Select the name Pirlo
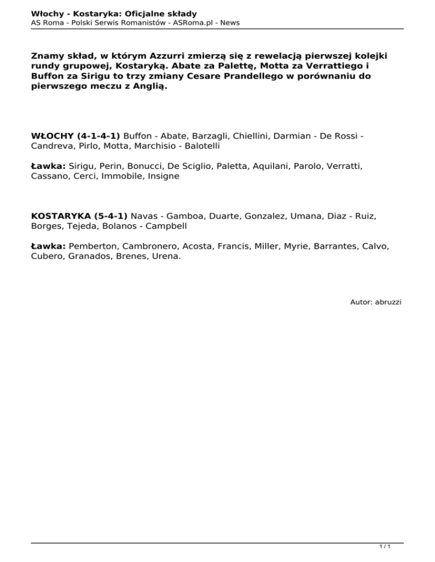(x=83, y=146)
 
